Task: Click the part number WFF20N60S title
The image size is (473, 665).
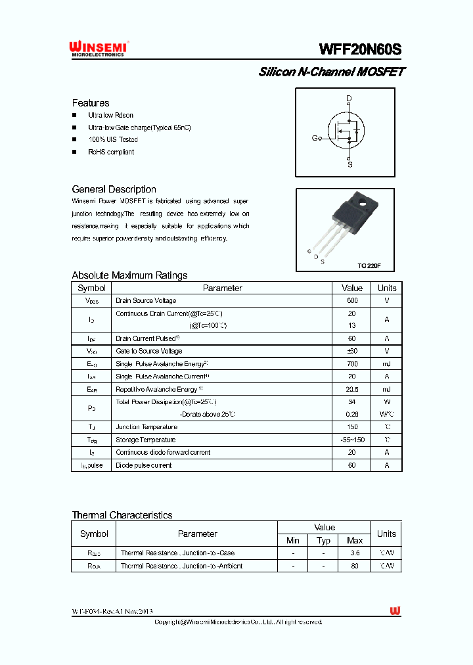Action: click(x=359, y=50)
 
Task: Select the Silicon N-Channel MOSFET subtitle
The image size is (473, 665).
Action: click(x=331, y=72)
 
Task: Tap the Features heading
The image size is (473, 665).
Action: click(x=91, y=103)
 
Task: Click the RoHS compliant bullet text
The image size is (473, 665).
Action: click(x=111, y=152)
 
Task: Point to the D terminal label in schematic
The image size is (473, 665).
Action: click(x=349, y=99)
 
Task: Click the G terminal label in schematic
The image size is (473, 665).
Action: click(x=315, y=138)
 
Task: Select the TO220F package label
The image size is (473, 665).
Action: click(x=369, y=265)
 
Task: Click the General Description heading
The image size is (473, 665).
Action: click(x=114, y=189)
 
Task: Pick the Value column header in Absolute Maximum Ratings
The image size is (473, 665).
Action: click(x=352, y=288)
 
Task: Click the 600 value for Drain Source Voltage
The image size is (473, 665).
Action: click(x=352, y=300)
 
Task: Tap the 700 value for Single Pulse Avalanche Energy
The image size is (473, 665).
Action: click(x=352, y=363)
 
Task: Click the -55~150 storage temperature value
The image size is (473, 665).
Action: click(x=352, y=440)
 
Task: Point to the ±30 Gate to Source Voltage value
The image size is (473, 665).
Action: click(x=352, y=351)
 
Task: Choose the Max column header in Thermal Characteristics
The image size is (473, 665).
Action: click(x=355, y=540)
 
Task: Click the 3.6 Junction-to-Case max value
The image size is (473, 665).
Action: click(x=355, y=553)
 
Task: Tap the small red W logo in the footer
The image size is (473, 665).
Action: click(x=395, y=611)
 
